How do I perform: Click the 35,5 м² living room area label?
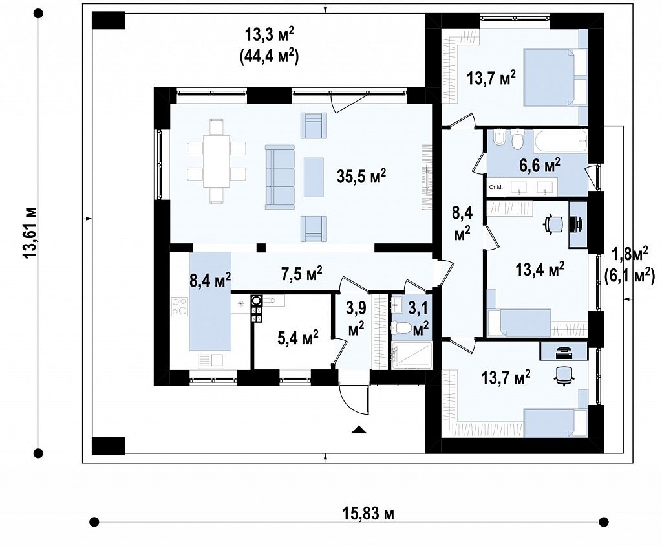[x=361, y=176]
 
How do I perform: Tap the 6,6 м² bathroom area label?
[x=540, y=165]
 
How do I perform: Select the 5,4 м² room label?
[x=298, y=338]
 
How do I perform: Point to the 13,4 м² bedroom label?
[x=540, y=268]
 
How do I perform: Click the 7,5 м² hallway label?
[x=302, y=274]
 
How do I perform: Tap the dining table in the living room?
[x=216, y=161]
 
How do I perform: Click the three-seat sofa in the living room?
[x=279, y=177]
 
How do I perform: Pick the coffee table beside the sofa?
[x=314, y=177]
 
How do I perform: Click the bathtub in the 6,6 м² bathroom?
[x=561, y=141]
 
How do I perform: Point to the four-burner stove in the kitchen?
[x=180, y=307]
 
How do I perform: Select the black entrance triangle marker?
[x=359, y=430]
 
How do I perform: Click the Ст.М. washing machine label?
[x=496, y=187]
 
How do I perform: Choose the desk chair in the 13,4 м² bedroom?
[x=553, y=224]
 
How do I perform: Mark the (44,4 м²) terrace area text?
[x=270, y=57]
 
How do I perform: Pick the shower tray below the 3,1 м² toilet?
[x=412, y=356]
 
